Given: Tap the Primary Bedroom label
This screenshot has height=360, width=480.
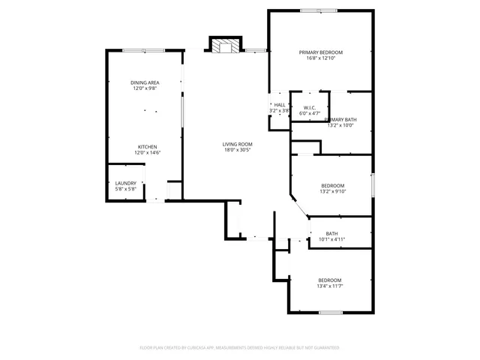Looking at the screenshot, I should [x=321, y=52].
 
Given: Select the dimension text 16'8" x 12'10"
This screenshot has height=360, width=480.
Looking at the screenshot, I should [x=321, y=58].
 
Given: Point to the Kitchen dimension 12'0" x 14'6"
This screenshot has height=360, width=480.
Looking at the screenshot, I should [x=148, y=153].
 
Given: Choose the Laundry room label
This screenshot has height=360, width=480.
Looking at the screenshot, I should [x=125, y=183].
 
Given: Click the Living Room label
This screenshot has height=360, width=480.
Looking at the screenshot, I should [x=237, y=144].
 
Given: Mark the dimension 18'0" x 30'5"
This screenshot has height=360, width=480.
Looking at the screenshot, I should [x=237, y=150].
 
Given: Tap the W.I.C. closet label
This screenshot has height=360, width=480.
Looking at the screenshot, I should [x=309, y=107].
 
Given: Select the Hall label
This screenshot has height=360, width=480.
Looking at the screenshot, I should [x=280, y=105].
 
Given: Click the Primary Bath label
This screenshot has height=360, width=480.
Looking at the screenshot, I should [x=340, y=120].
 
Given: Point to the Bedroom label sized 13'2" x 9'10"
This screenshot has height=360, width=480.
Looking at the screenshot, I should [x=333, y=185].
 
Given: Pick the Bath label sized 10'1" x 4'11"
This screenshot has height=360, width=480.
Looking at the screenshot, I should [x=331, y=234].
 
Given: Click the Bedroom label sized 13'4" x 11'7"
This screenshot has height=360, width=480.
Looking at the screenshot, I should [x=329, y=280].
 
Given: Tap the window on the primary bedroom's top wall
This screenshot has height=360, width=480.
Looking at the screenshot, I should [x=319, y=10].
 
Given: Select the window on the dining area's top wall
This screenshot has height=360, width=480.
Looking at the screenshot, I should [x=144, y=50].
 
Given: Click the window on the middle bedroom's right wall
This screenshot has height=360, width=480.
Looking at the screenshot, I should [x=372, y=184].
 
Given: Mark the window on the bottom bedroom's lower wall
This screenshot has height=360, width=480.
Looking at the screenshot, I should [x=331, y=312].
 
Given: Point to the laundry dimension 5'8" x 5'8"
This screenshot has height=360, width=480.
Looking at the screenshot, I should [x=125, y=189].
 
